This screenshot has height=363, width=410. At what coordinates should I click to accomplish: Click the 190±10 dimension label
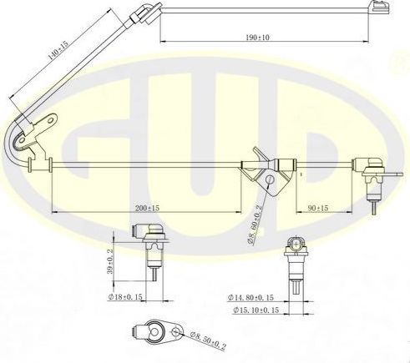pos(259,37)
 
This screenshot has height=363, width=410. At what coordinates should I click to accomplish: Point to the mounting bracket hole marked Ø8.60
pos(268,181)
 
